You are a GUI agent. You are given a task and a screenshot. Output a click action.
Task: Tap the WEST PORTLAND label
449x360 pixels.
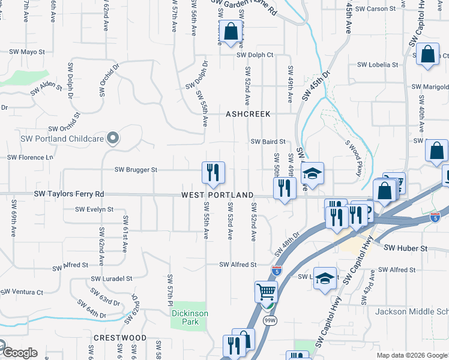pos(218,196)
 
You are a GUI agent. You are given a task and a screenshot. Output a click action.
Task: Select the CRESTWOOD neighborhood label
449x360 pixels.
pos(120,338)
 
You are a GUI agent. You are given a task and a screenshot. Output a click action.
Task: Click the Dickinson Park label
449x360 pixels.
pos(190,317)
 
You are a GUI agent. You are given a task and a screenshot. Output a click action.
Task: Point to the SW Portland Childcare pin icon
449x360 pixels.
pos(112,139)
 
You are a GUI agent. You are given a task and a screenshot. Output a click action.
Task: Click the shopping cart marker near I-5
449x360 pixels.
pos(266,292)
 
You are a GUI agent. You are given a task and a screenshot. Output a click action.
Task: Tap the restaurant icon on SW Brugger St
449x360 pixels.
pos(213,173)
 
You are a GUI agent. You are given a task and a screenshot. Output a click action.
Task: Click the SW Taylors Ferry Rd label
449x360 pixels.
pos(69,194)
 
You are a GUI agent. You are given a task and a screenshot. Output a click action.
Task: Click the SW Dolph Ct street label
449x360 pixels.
pos(255,55)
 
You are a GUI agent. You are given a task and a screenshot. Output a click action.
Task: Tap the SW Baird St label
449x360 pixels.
pos(268,142)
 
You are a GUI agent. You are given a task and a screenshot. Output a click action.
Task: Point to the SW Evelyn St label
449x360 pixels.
pos(94,209)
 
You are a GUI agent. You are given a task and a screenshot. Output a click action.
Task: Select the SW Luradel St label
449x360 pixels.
pos(112,278)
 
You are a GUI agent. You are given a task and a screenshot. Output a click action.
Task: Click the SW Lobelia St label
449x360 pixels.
pos(378,65)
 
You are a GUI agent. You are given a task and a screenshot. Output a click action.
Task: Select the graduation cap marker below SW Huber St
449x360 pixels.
pos(325,278)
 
